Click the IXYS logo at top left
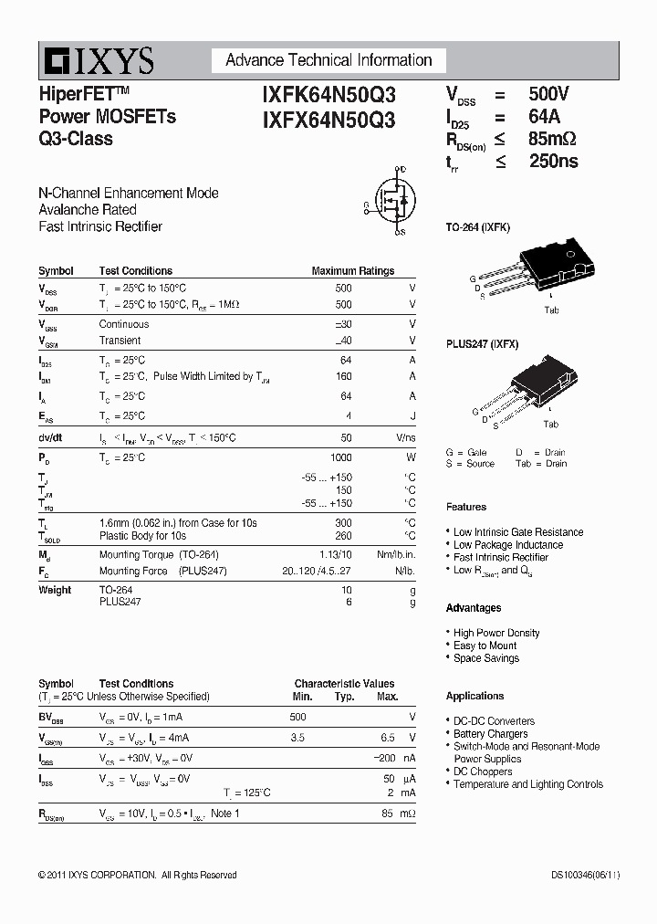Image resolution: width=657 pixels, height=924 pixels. (96, 60)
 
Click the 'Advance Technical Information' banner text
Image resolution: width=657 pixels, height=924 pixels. (328, 60)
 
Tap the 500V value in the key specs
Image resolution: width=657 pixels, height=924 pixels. (548, 94)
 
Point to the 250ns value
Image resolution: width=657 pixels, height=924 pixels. (553, 162)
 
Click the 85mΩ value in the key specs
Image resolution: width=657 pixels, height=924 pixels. (552, 140)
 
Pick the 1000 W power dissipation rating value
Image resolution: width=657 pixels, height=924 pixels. (340, 457)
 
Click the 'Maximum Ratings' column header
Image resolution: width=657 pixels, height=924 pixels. (352, 271)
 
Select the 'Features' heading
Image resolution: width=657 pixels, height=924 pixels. (466, 508)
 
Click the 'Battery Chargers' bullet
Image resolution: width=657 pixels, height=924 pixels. (491, 734)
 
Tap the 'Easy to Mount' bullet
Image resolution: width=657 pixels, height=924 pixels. (485, 646)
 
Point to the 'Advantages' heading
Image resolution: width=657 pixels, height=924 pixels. (474, 608)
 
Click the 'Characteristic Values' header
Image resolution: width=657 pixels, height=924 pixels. (344, 684)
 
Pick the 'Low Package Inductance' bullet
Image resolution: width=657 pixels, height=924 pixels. (508, 545)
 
